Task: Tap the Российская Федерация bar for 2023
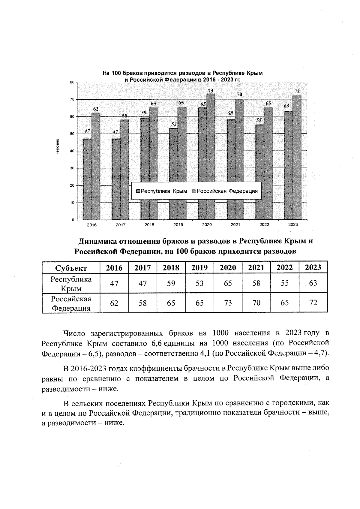[297, 158]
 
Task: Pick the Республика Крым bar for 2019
[174, 174]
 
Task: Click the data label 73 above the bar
[211, 90]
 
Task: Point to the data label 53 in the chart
[174, 124]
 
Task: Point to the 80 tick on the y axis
[72, 82]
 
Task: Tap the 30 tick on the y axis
[72, 168]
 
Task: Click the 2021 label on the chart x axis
[235, 225]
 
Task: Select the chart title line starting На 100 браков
[182, 73]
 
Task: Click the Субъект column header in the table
[71, 268]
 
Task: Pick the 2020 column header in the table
[228, 268]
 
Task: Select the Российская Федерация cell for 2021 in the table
[256, 303]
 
